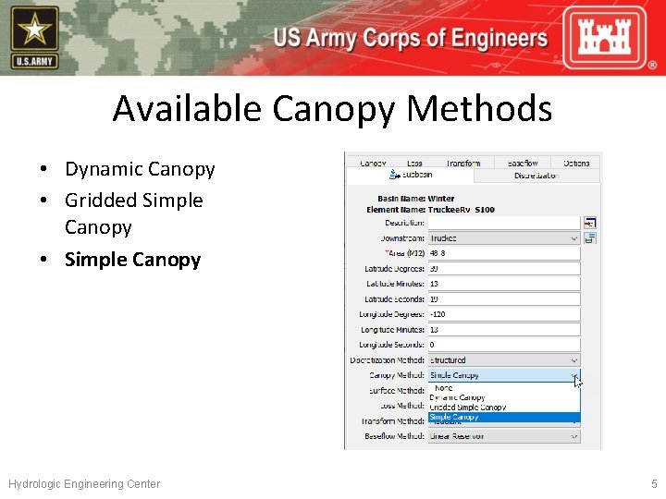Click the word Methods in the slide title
point(479,109)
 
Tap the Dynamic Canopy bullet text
point(140,169)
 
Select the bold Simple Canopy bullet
point(132,260)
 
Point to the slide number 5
point(653,484)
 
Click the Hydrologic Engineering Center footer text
point(84,484)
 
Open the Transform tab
point(462,163)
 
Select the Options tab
point(575,163)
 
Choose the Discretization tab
point(536,176)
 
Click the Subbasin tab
point(413,175)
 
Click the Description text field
point(503,223)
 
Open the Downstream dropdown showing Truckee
point(503,238)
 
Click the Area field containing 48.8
point(503,253)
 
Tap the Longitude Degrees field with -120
point(503,314)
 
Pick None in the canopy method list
point(444,388)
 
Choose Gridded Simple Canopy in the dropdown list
point(468,408)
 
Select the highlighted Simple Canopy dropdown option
point(455,418)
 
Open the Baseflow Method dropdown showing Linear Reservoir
point(503,436)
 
